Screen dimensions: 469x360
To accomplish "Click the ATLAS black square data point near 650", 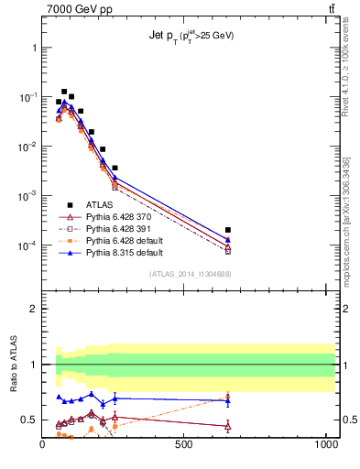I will (x=227, y=230).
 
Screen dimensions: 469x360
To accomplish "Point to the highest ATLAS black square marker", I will (x=64, y=92).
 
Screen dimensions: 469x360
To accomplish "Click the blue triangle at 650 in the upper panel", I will (x=227, y=239).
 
